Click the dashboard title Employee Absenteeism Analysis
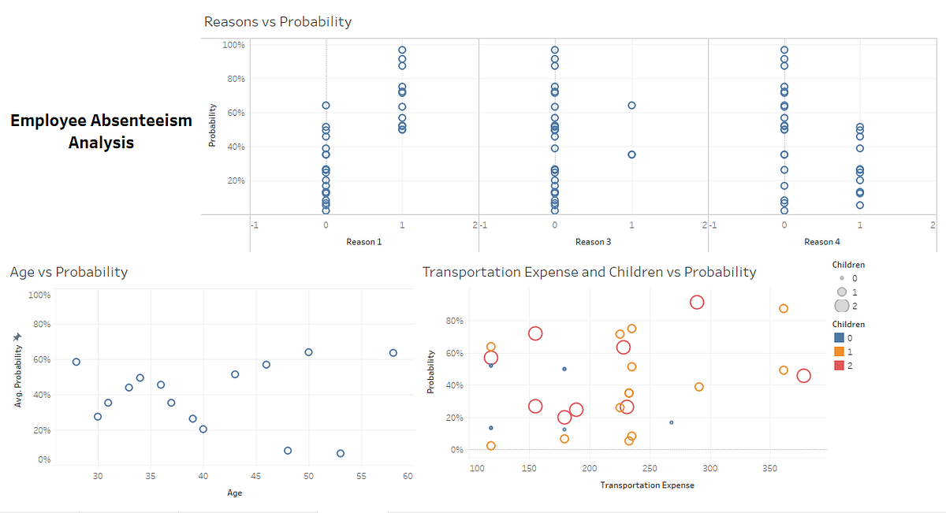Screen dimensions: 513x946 click(x=101, y=132)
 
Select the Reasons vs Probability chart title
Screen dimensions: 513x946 click(x=277, y=22)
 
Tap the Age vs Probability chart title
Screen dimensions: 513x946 click(x=69, y=272)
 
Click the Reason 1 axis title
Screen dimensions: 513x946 click(x=364, y=242)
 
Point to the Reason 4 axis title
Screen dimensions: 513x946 click(x=822, y=242)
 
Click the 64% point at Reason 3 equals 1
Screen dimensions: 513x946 click(x=631, y=105)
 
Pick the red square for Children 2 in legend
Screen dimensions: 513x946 click(x=839, y=365)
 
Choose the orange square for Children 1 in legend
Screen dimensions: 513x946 click(x=839, y=351)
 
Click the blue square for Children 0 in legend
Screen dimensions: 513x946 click(x=839, y=338)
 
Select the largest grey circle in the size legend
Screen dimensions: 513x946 click(x=841, y=306)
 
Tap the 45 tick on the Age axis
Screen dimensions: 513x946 click(x=255, y=477)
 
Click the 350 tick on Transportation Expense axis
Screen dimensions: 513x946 click(x=770, y=469)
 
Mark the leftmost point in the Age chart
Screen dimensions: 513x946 click(x=76, y=362)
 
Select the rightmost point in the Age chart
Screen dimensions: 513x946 click(x=393, y=352)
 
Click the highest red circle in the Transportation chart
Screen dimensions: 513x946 click(x=697, y=303)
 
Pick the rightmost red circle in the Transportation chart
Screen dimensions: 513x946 click(x=803, y=376)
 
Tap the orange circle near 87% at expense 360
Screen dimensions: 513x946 click(x=784, y=308)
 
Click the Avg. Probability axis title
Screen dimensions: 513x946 click(x=17, y=370)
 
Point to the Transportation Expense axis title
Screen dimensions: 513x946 click(x=647, y=485)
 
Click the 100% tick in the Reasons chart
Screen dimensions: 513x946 click(x=233, y=45)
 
